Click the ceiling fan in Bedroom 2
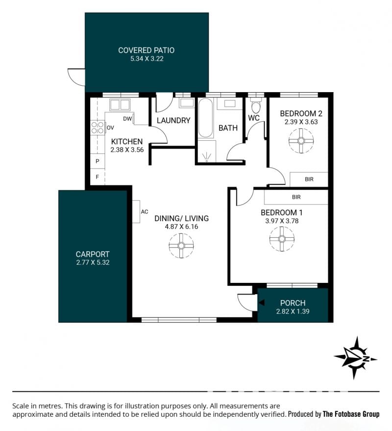point(301,141)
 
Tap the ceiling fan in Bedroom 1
point(282,239)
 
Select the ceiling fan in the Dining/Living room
point(181,246)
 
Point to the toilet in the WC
point(255,106)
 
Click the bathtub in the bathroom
point(205,118)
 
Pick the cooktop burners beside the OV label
point(98,127)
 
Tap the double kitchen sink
point(120,104)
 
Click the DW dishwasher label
point(127,119)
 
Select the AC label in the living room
point(145,212)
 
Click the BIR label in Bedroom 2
point(309,179)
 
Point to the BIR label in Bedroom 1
point(296,197)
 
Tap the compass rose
point(356,358)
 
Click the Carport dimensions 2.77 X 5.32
point(93,262)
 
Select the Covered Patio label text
point(147,51)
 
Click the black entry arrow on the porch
point(262,303)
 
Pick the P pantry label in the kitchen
point(97,161)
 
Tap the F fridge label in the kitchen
point(97,177)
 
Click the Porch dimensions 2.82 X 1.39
point(293,311)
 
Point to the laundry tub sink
point(187,103)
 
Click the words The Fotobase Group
point(351,414)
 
